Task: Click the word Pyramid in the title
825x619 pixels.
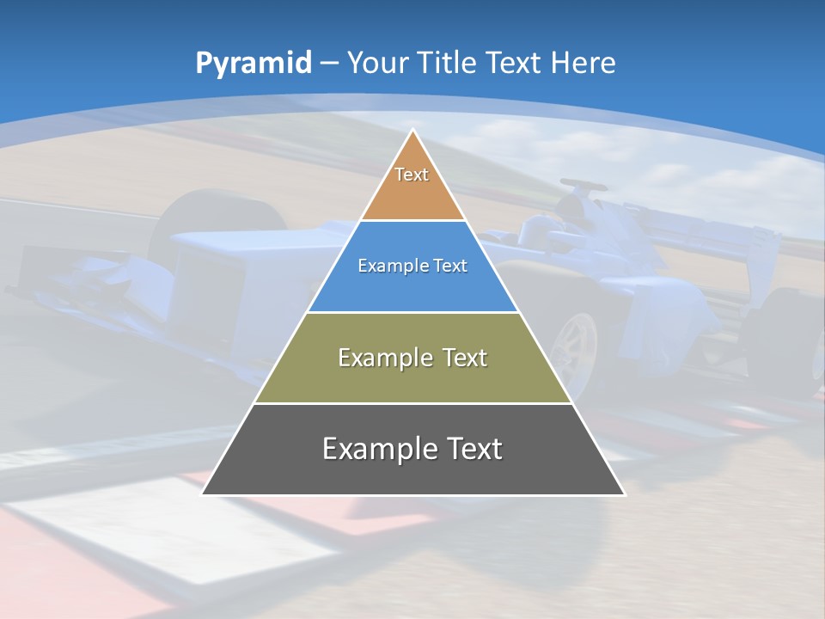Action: point(253,64)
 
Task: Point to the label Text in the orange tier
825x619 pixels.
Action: point(412,175)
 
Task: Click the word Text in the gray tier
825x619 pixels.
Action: point(472,449)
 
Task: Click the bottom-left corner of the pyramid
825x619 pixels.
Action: point(203,494)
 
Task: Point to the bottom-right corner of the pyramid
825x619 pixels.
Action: point(624,494)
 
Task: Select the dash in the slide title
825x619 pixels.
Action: point(329,64)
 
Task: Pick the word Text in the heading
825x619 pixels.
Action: point(514,63)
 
